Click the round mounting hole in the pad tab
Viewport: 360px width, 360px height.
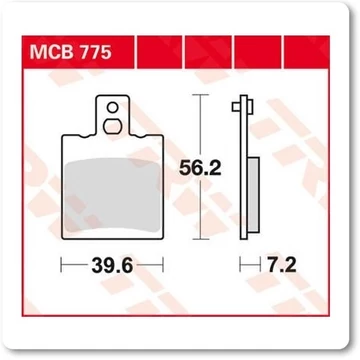(115, 113)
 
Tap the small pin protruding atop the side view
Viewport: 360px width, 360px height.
(235, 104)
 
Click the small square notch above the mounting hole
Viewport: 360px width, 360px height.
(114, 100)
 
